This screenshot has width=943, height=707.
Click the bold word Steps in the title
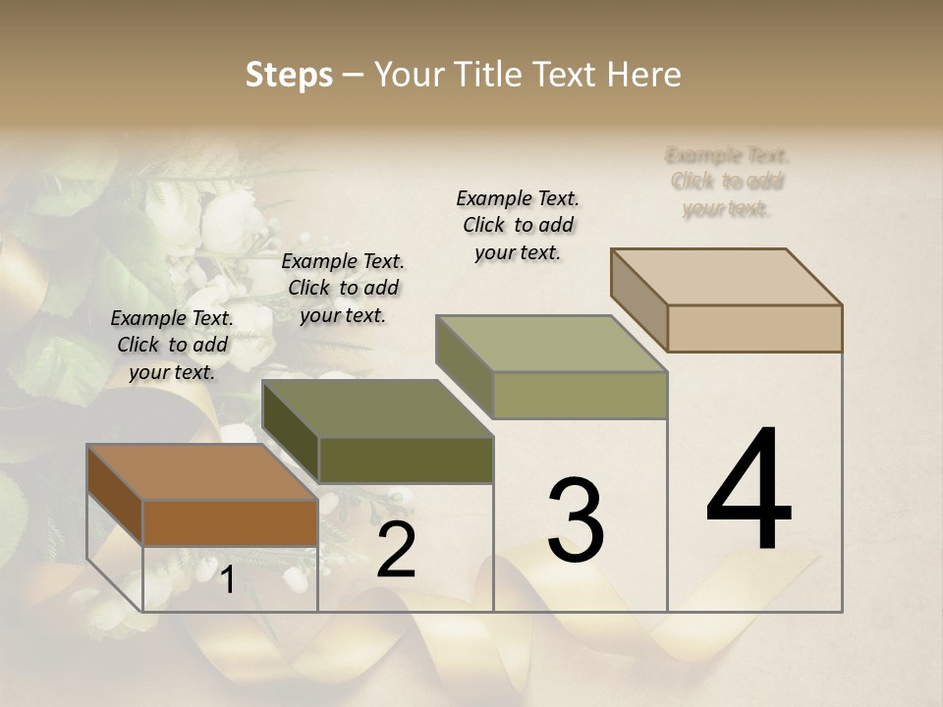coord(289,75)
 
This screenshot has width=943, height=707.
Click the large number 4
coord(749,490)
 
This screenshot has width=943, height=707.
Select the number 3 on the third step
coord(576,520)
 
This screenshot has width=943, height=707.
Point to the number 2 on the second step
coord(396,551)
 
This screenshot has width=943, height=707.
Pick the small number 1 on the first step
coord(227,579)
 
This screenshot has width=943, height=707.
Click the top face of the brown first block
coord(201,472)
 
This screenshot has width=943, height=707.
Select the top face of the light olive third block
coord(551,344)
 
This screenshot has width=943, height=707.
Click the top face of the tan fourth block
coord(727,277)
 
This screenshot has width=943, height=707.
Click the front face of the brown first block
coord(230,523)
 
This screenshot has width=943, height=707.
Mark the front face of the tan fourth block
coord(754,328)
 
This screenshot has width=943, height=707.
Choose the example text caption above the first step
coord(172,345)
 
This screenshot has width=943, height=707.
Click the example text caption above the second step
coord(343,288)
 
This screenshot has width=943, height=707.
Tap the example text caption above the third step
coord(518,225)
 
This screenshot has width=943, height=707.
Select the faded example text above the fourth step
coord(727,182)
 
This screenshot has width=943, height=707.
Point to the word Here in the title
coord(645,75)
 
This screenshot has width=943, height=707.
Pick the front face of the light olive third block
coord(580,395)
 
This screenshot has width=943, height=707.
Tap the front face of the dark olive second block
coord(406,460)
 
